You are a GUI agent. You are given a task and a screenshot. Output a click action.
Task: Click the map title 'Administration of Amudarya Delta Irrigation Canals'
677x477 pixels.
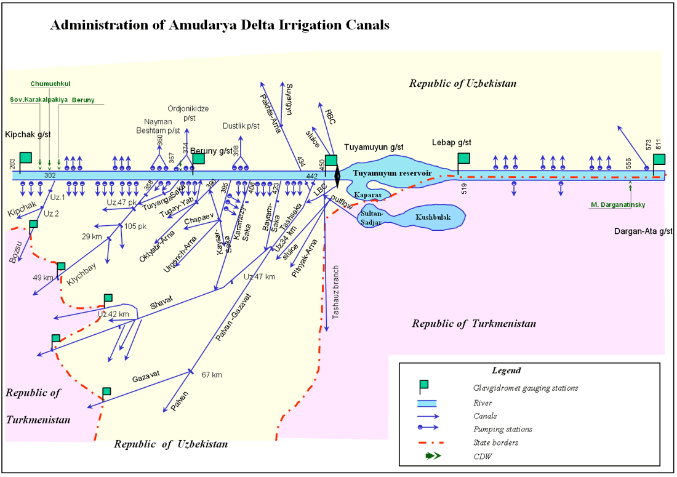coord(219,25)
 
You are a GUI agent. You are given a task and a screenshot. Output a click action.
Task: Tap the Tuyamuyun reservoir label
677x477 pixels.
coord(391,173)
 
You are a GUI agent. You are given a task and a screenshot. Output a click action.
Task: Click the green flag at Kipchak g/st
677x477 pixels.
coord(26,158)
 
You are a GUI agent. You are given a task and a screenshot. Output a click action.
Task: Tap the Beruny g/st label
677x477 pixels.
coord(211,150)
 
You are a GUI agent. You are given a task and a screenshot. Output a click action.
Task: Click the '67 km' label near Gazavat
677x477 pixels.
coord(212,374)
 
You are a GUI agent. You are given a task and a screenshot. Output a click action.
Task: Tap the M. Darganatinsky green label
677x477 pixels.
coord(617,205)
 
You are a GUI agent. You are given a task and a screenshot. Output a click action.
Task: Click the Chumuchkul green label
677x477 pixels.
coord(50,83)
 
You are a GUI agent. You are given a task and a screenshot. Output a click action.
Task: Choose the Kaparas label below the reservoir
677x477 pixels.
coord(367,194)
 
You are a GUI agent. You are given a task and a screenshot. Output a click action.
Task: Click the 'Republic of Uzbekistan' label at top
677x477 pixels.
coord(463,83)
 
